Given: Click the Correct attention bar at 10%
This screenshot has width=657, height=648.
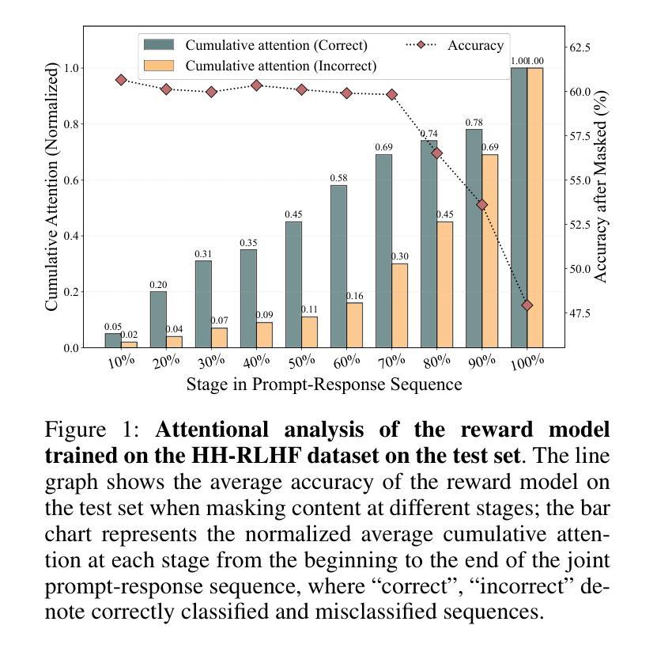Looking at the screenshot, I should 113,340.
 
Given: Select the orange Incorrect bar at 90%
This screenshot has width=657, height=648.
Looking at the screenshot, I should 490,251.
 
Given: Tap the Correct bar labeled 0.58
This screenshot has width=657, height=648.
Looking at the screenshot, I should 338,266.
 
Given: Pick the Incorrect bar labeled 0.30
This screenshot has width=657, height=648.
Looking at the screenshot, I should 400,305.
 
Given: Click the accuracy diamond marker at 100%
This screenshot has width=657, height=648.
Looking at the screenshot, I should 527,305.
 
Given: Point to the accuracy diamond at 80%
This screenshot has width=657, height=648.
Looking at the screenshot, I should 437,153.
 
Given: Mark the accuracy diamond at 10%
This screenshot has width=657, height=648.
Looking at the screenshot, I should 121,80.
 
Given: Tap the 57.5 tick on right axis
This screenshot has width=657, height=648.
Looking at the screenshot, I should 581,136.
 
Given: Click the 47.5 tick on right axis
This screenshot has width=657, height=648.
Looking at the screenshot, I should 581,313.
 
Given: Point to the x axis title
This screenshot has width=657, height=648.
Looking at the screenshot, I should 324,385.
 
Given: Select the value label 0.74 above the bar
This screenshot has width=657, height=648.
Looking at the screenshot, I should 429,134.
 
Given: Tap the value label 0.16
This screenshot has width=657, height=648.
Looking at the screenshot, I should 355,296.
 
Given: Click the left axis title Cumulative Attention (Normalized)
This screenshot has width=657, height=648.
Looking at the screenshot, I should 52,187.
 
